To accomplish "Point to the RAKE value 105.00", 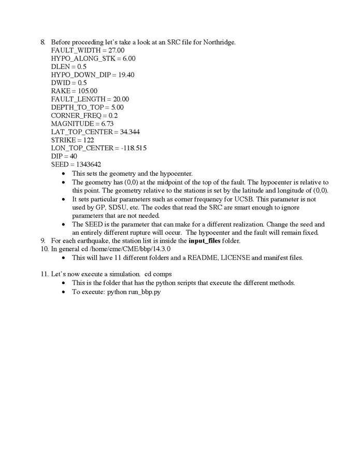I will (x=87, y=91).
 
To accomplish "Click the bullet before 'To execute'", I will (x=64, y=292).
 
